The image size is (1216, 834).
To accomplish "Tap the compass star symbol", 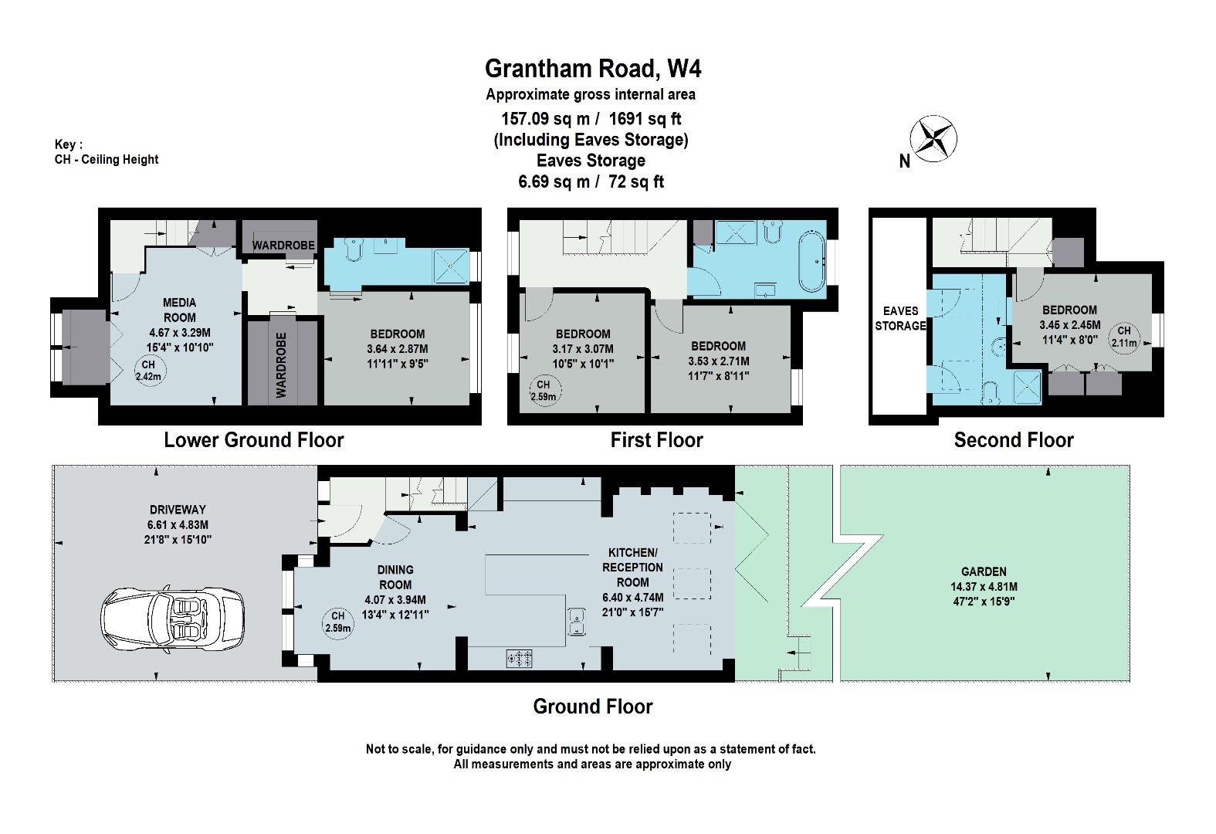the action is point(933,138).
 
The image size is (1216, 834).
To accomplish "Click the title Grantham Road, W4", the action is point(593,69).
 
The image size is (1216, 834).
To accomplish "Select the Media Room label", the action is point(180,310).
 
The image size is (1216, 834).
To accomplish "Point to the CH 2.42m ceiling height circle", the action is point(148,371).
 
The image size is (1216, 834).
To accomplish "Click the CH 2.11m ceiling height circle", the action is point(1123,337).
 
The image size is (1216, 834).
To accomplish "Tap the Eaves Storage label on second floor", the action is point(900,318).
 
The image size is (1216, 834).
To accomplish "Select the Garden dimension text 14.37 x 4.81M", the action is point(984,587).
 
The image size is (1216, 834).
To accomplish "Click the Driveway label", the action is point(178,510).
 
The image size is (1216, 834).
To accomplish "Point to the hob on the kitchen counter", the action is point(519,659).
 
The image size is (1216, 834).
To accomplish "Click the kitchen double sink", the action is point(576,622).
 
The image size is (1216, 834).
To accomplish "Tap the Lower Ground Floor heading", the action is point(254,440).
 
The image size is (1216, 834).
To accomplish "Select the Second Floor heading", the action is point(1014,440).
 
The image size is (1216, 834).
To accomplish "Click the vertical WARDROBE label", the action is point(281,364).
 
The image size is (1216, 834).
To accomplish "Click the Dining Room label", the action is point(395,577).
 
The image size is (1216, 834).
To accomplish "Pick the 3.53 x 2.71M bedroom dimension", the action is point(719,361).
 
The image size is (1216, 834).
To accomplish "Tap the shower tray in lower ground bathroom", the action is point(451,266).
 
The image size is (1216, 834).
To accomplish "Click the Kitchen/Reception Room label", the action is point(632,568).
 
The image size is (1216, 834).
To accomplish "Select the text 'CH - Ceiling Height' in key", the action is point(107,160).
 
